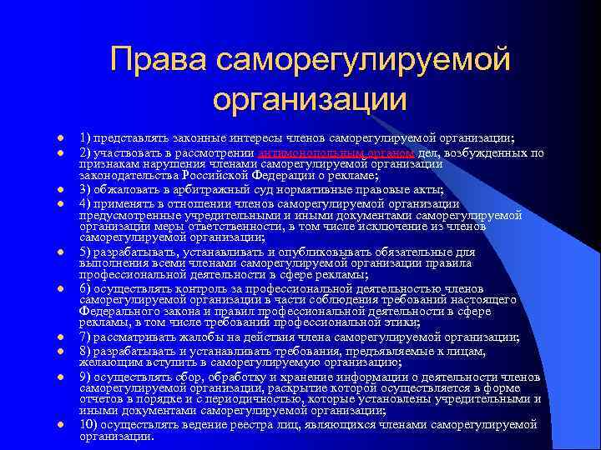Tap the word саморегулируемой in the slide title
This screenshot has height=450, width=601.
[x=362, y=60]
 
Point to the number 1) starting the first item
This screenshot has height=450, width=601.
[x=85, y=137]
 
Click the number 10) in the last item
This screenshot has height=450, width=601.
[x=88, y=424]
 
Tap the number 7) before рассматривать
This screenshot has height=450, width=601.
[x=85, y=337]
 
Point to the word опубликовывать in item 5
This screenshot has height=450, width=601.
[x=317, y=251]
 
